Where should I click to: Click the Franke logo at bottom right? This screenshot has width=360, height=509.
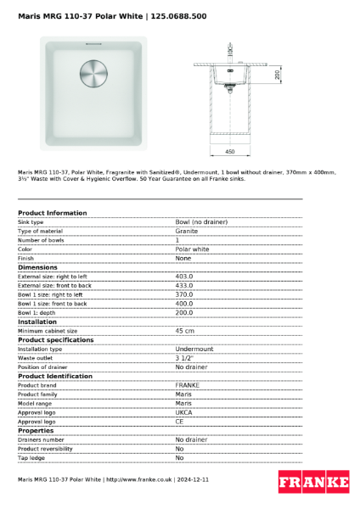(313, 481)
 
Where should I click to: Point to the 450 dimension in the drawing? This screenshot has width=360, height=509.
(229, 151)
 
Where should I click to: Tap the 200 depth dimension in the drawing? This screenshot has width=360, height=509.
(278, 75)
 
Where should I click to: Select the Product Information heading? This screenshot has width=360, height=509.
(52, 213)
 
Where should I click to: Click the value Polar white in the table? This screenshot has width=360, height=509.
(192, 249)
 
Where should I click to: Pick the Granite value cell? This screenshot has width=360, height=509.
(187, 231)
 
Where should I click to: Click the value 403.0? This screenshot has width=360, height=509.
(184, 277)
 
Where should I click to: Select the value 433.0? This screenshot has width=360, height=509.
(184, 286)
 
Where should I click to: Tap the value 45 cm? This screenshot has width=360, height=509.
(184, 331)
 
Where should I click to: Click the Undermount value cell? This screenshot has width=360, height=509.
(194, 349)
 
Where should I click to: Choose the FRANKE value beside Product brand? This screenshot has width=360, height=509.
(188, 385)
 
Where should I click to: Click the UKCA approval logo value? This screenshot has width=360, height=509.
(184, 412)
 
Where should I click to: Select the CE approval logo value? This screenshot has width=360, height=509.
(180, 422)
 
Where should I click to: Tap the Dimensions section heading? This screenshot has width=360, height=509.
(37, 267)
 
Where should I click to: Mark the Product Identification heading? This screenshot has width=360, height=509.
(55, 376)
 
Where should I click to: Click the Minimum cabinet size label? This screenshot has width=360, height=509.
(48, 331)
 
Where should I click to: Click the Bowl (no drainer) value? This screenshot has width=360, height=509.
(201, 221)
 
